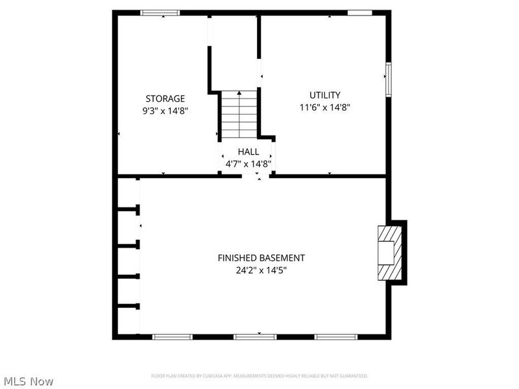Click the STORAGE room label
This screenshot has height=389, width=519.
point(165,99)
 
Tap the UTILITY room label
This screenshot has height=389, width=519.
point(324,95)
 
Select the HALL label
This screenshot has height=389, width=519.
point(248,152)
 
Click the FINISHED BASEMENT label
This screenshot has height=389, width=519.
point(261,257)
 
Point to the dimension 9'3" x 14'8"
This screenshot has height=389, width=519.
point(165,111)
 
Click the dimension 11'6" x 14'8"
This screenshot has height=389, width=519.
point(325,108)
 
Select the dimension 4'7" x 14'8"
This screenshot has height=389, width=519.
point(248,164)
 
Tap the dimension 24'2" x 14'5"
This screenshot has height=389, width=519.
point(261,270)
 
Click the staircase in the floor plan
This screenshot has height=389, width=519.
point(239,114)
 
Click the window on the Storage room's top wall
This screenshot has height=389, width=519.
point(161,12)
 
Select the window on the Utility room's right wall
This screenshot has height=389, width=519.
point(389,79)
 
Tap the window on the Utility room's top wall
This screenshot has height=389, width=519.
point(359,12)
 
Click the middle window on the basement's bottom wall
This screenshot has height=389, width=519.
point(255,336)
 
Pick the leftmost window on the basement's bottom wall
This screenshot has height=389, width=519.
point(173,336)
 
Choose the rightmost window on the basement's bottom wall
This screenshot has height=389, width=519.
point(336,336)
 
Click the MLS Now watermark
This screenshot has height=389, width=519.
point(28,381)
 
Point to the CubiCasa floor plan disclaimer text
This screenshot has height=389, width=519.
point(259,376)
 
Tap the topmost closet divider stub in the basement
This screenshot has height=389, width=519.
point(129,209)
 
